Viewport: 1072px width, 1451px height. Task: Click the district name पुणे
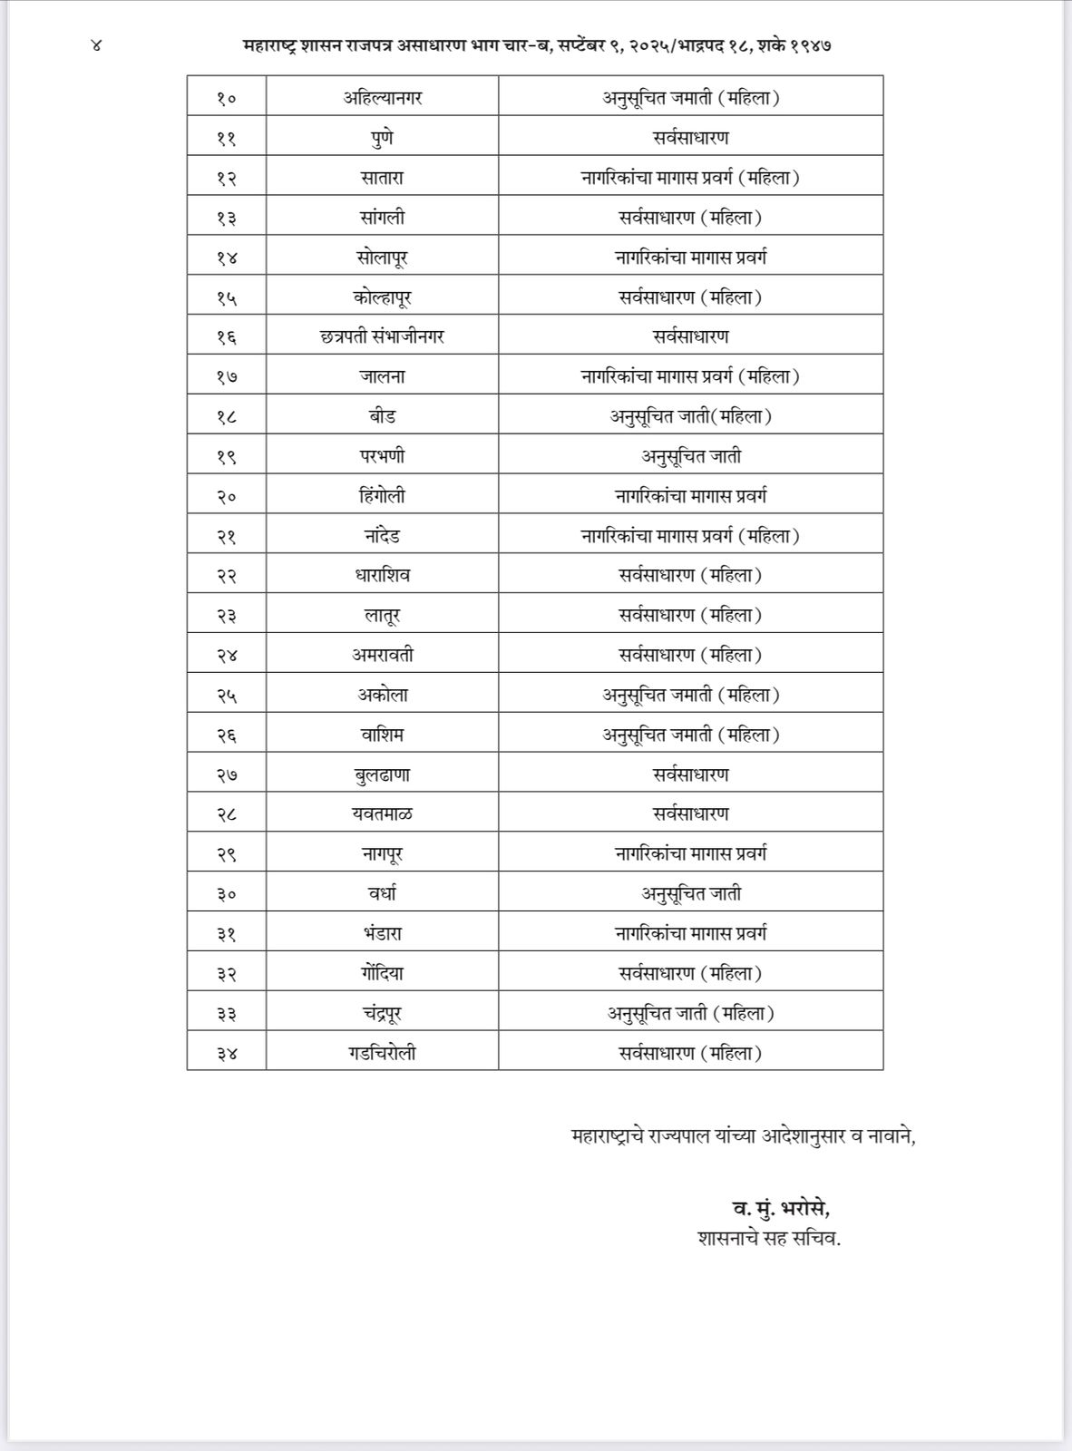coord(382,138)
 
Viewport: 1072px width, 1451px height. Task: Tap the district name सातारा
coord(382,178)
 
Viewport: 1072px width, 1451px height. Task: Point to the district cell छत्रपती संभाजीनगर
coord(382,336)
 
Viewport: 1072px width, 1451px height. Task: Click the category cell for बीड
coord(690,416)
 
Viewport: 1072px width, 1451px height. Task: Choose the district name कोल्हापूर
coord(382,297)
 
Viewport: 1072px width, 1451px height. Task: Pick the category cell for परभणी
coord(690,456)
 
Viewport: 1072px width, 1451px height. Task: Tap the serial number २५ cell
coord(226,696)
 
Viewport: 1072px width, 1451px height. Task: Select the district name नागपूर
coord(382,854)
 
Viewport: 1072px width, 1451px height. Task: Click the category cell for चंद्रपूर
coord(690,1013)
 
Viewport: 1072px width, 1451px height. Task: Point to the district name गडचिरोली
coord(382,1053)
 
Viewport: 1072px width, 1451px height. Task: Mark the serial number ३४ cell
coord(226,1054)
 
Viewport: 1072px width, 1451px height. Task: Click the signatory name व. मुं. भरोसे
coord(781,1208)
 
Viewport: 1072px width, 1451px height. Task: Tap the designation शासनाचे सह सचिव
coord(769,1238)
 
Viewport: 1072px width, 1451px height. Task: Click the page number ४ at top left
coord(97,44)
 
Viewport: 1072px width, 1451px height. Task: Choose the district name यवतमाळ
coord(382,814)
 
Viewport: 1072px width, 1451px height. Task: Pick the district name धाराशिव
coord(382,575)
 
